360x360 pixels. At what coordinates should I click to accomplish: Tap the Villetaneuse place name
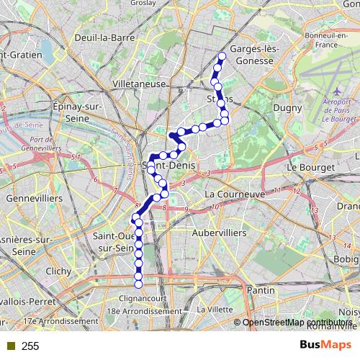click(x=140, y=84)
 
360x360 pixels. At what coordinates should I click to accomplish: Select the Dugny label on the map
click(x=282, y=108)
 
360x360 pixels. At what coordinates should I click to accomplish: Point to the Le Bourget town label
click(x=311, y=167)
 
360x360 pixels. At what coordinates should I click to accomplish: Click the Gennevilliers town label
click(x=35, y=197)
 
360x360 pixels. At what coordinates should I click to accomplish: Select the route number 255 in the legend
click(x=30, y=346)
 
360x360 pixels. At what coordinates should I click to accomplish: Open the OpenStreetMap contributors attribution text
click(x=296, y=323)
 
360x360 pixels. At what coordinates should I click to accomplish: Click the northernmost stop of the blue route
click(x=222, y=56)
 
